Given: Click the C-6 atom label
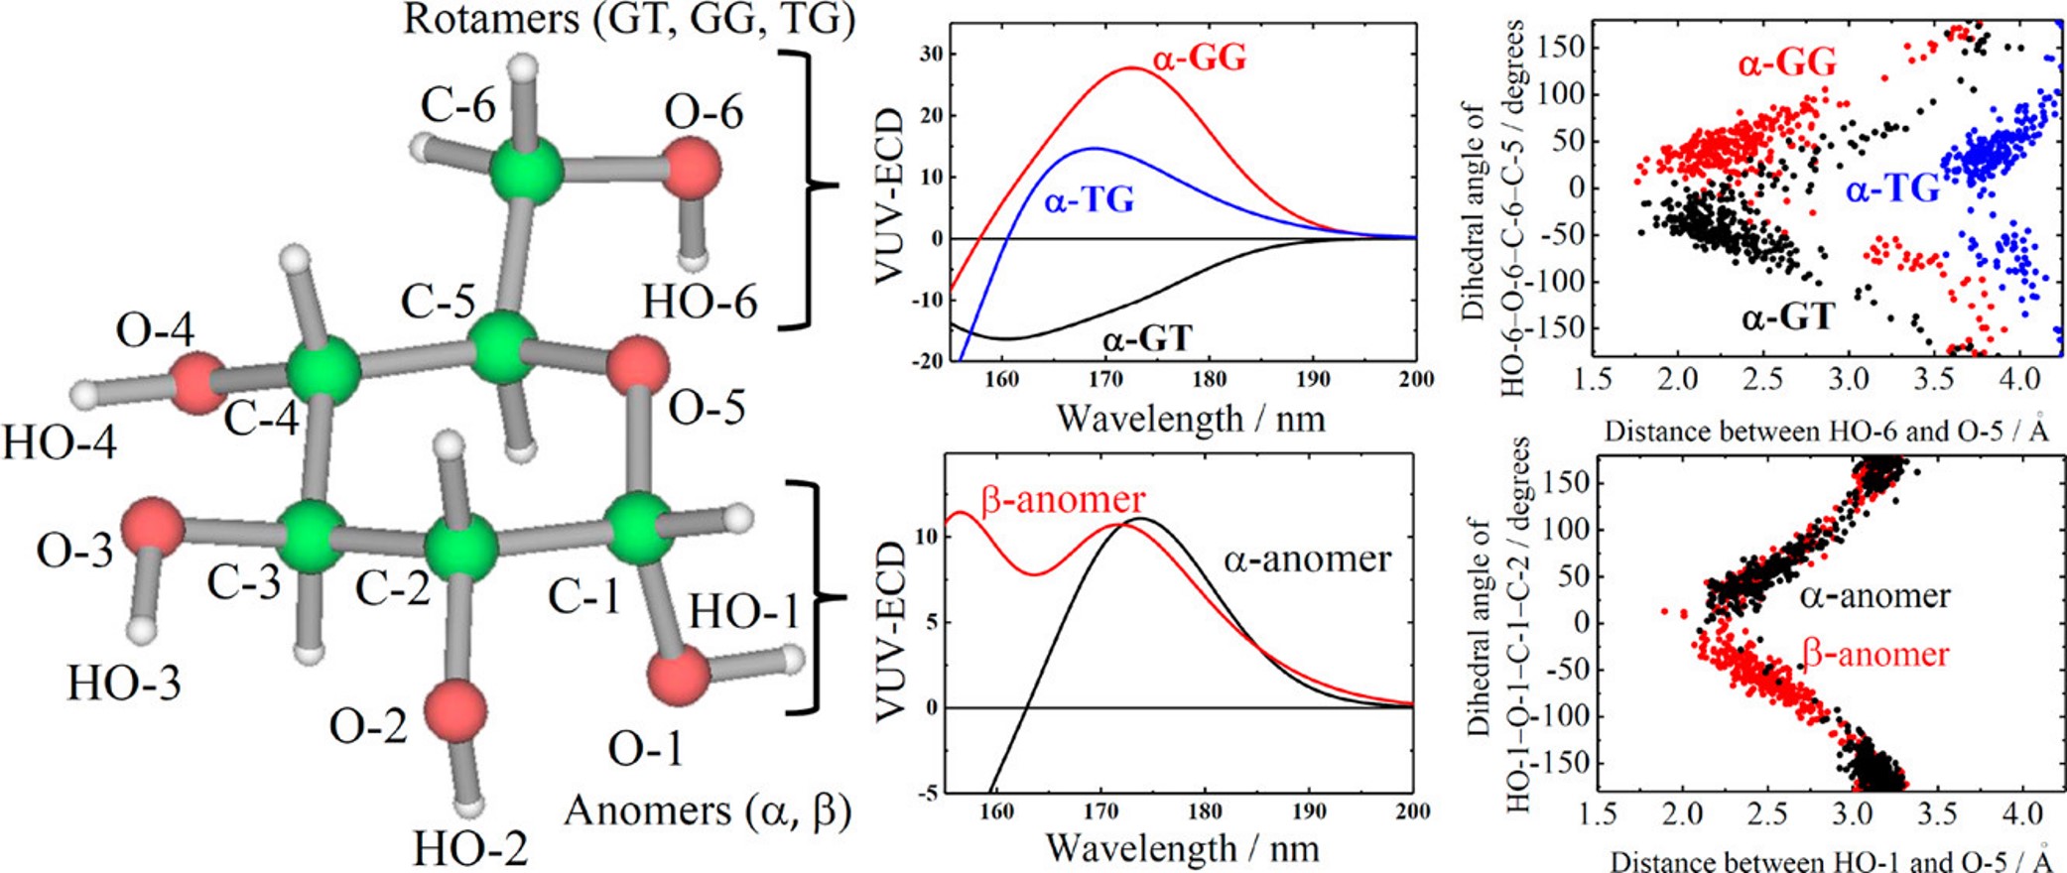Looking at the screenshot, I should pyautogui.click(x=457, y=105).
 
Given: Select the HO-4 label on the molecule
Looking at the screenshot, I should pyautogui.click(x=60, y=441).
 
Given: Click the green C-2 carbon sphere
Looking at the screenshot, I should pyautogui.click(x=460, y=547).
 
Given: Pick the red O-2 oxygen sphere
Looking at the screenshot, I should pyautogui.click(x=455, y=710).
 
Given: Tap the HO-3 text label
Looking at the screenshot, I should pyautogui.click(x=124, y=683).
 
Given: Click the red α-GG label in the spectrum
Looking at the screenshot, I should pyautogui.click(x=1199, y=60).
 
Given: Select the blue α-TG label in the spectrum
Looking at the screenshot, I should pyautogui.click(x=1089, y=201).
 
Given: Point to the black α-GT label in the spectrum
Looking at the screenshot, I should pyautogui.click(x=1146, y=339).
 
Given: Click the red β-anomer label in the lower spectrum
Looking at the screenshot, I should pyautogui.click(x=1063, y=498).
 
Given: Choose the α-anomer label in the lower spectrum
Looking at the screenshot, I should pyautogui.click(x=1307, y=560).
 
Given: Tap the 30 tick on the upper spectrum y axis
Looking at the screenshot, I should pyautogui.click(x=930, y=54).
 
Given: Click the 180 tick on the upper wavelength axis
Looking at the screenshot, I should pyautogui.click(x=1209, y=380).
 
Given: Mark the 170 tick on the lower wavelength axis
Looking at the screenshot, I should pyautogui.click(x=1100, y=811).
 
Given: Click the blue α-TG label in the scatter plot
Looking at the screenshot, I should pyautogui.click(x=1892, y=187).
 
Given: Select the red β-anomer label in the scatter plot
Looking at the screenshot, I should pyautogui.click(x=1874, y=655).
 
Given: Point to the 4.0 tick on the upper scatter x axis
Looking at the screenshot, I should pyautogui.click(x=2019, y=379).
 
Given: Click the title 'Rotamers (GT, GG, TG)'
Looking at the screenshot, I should pyautogui.click(x=628, y=20).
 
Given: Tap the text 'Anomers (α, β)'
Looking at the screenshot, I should pyautogui.click(x=708, y=811).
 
